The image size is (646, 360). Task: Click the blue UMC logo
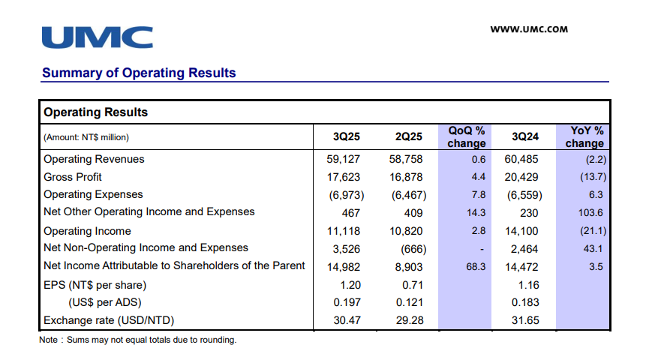point(97,37)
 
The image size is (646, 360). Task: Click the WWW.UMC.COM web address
point(528,30)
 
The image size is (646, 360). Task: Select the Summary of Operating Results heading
point(139,73)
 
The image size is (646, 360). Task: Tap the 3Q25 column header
point(347,136)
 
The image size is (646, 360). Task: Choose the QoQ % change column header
point(466,136)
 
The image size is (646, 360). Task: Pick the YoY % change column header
point(584,136)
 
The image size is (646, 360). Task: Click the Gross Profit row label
point(73,177)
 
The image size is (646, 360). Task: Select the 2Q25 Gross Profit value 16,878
point(407,177)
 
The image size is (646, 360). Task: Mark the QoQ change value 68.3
point(476,265)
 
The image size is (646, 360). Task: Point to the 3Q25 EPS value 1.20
point(350,284)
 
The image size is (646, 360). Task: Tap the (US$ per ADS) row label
point(106,303)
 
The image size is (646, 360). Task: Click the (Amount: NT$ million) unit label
point(86,137)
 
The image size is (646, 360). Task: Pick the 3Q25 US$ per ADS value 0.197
point(347,303)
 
